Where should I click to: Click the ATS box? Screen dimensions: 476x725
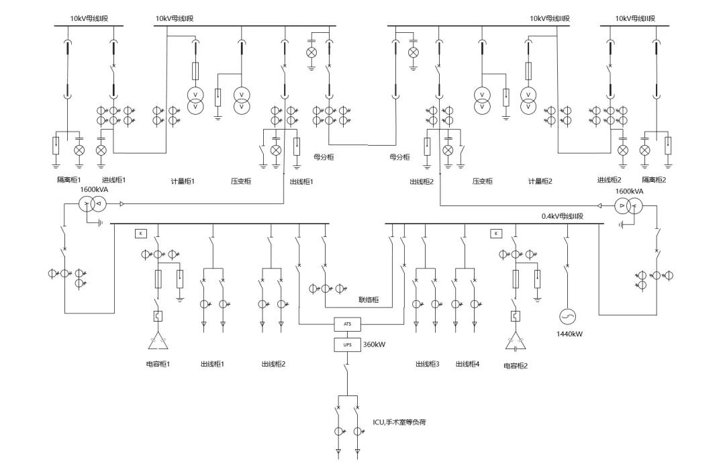pos(347,324)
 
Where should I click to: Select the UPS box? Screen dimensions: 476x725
pos(347,344)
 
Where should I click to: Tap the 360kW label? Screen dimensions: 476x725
pos(375,344)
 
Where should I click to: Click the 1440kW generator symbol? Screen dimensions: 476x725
pos(568,316)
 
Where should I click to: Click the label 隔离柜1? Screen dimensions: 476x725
pos(68,180)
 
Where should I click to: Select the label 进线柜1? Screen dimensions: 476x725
pos(113,180)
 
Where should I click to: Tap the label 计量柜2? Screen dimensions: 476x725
pos(540,181)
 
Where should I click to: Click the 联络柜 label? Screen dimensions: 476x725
pos(368,299)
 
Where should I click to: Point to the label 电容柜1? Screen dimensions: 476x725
pos(158,364)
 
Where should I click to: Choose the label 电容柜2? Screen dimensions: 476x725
pos(516,366)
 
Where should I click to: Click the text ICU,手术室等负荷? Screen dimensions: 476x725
pos(399,422)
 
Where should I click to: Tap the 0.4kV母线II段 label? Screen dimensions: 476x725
pos(563,217)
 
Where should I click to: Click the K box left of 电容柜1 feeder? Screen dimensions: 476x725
pos(141,234)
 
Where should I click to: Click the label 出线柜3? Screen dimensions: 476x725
pos(427,364)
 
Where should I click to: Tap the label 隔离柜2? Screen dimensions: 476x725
pos(654,180)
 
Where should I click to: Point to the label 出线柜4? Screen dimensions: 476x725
pos(467,364)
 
